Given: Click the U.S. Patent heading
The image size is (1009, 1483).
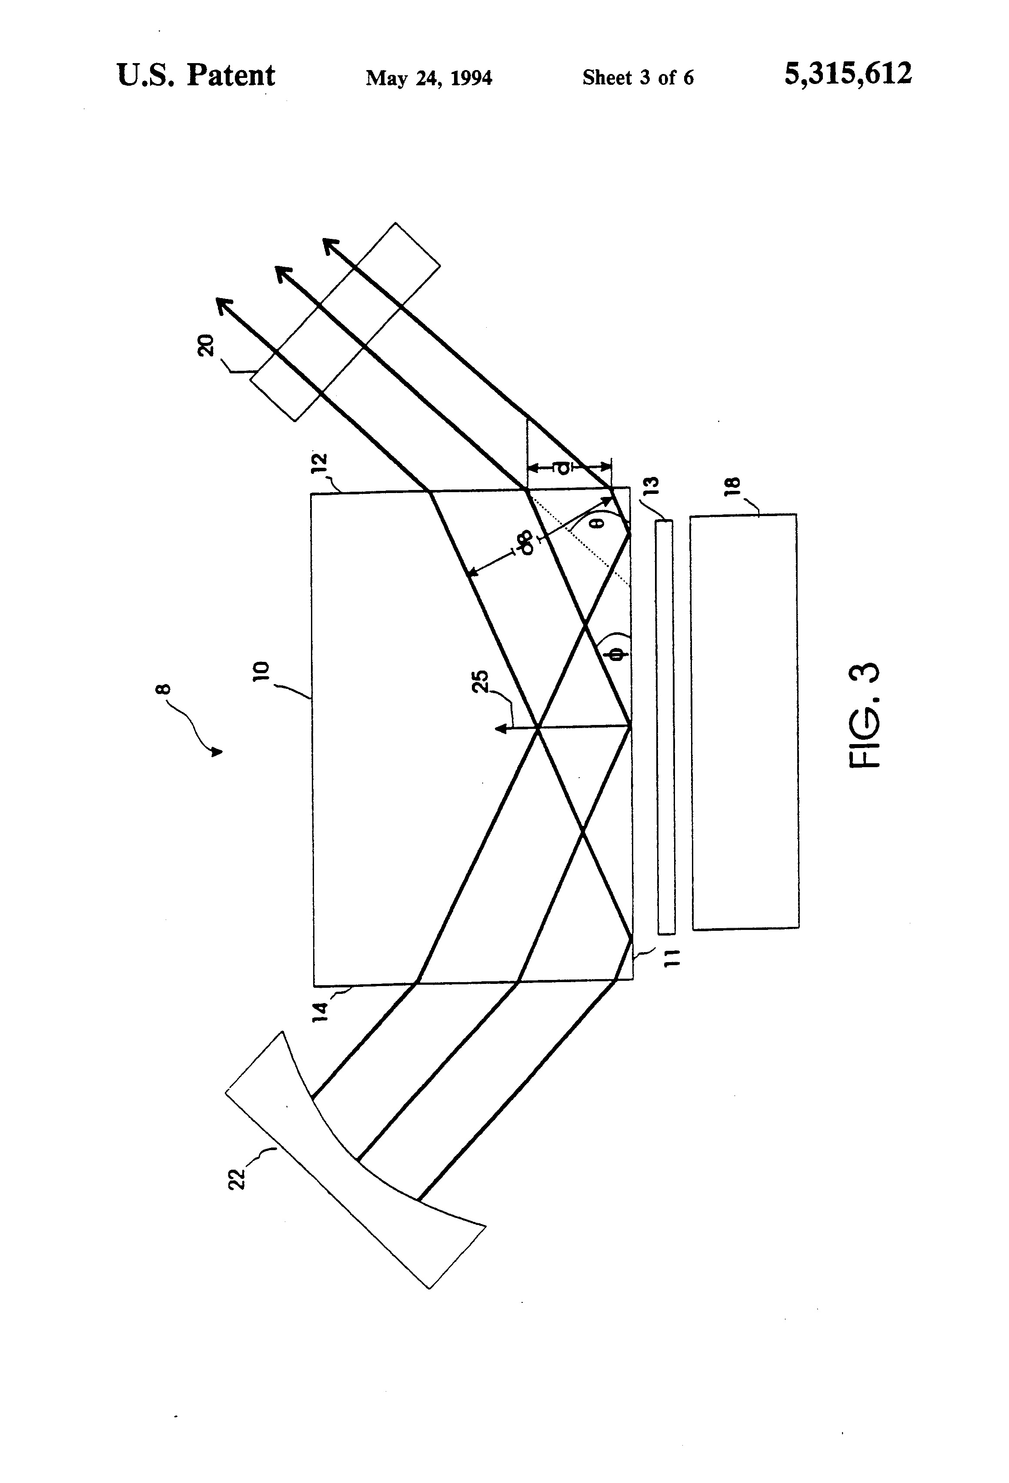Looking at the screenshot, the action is click(196, 75).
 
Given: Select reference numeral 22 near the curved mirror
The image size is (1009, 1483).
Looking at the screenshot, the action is click(237, 1178).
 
